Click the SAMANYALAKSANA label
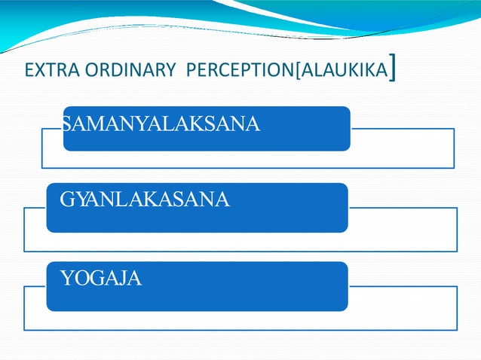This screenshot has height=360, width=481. [x=161, y=124]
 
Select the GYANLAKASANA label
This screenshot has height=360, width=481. [x=145, y=200]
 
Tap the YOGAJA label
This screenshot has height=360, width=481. [x=100, y=279]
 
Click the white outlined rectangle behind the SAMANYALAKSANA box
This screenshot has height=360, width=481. [x=403, y=154]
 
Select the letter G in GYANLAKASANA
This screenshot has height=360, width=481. [x=67, y=200]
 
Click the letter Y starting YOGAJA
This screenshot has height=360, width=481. [x=66, y=279]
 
